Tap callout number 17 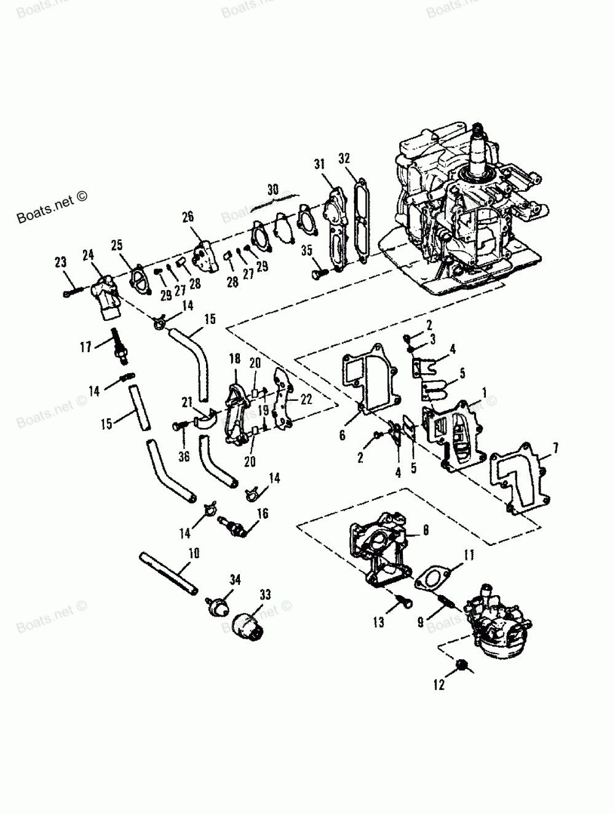[85, 347]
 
